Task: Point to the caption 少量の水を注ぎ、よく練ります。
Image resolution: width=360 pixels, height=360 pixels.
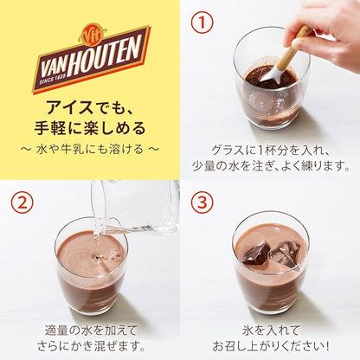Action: pyautogui.click(x=270, y=162)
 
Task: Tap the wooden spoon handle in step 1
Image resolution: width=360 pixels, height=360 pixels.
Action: pyautogui.click(x=295, y=48)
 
